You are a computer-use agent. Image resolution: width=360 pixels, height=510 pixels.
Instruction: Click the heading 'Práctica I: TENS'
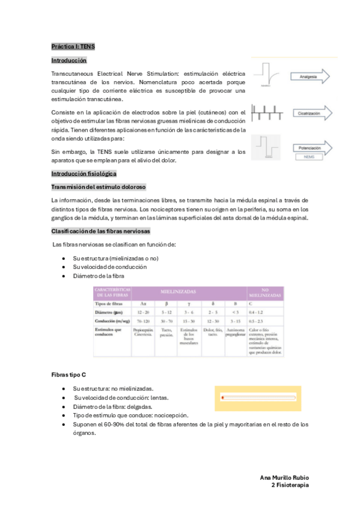73,46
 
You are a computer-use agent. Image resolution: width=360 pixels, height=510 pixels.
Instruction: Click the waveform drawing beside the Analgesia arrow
269,76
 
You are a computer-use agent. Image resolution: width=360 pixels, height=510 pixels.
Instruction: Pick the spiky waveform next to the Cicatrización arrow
269,112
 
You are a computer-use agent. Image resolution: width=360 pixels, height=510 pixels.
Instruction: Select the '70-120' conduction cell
143,322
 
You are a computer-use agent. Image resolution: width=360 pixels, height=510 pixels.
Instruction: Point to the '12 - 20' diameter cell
143,313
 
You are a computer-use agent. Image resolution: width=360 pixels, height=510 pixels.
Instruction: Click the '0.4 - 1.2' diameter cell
265,313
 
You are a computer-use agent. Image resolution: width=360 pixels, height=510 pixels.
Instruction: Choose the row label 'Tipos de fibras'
108,304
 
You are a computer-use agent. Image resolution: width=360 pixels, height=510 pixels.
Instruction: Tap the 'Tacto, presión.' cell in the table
166,333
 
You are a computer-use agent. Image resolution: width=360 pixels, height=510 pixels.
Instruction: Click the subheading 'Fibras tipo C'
69,375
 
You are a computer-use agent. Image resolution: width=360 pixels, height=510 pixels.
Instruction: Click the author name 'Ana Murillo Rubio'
284,477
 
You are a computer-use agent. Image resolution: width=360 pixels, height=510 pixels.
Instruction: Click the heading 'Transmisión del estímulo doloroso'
99,187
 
